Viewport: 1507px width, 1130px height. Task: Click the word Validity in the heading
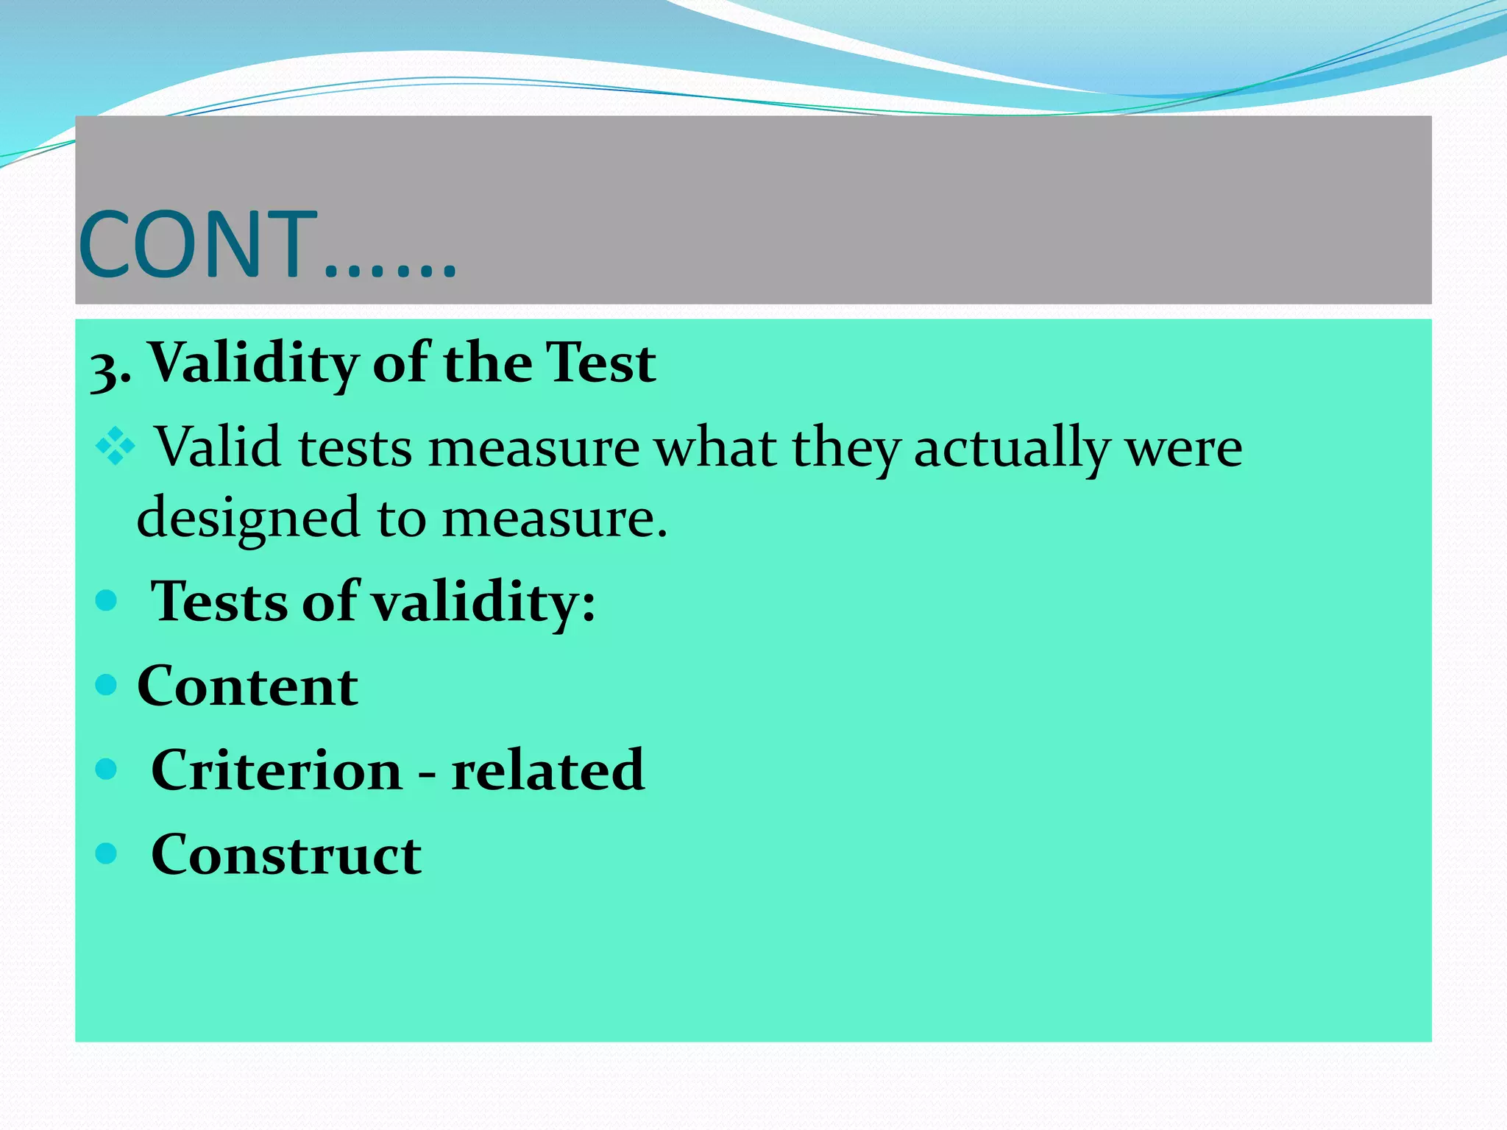255,364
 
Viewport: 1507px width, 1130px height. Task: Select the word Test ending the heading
601,363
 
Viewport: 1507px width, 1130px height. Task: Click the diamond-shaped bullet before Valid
116,446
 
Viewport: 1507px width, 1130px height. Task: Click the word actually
1012,448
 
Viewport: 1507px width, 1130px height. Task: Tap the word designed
247,518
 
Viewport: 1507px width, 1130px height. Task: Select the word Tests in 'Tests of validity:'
219,602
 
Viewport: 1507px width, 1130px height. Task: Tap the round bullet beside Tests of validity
107,600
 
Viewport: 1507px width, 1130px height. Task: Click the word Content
247,686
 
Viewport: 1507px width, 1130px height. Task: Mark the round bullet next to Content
107,685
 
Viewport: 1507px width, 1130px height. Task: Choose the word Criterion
277,770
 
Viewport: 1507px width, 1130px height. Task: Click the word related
547,770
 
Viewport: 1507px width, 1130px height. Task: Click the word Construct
286,854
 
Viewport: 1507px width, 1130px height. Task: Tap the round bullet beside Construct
107,853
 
